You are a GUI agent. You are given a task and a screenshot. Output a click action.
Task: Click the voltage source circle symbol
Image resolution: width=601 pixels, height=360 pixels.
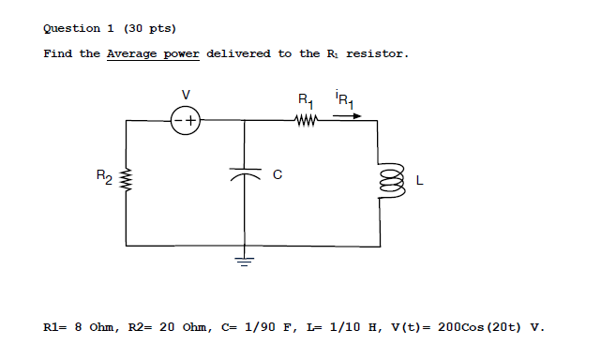tap(186, 120)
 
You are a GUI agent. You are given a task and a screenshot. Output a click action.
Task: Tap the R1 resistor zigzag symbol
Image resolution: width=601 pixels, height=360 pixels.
tap(307, 120)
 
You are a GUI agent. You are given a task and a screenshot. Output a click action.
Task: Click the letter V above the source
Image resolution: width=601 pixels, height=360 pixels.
tap(186, 94)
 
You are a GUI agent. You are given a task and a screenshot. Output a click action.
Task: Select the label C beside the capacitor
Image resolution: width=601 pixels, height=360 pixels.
tap(277, 174)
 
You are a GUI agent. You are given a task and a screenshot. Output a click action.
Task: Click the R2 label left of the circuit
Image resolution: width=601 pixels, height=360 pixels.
tap(104, 174)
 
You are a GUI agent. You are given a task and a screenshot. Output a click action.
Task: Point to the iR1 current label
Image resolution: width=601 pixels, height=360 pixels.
tap(343, 98)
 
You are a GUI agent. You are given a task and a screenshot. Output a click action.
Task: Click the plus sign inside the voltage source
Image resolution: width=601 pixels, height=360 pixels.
tap(190, 120)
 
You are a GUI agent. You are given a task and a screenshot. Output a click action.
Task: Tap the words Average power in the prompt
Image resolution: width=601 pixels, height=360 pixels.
tap(153, 53)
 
